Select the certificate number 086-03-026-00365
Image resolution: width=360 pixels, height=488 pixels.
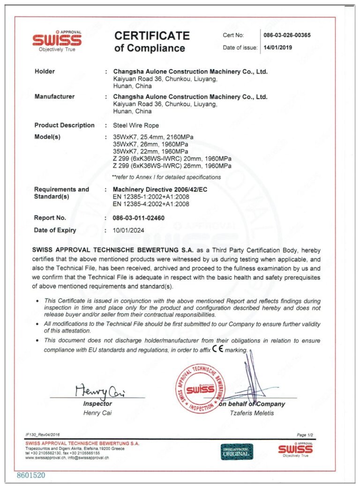coord(287,35)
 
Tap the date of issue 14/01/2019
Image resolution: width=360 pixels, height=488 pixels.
coord(278,47)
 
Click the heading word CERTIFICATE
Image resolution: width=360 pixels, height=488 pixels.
coord(152,36)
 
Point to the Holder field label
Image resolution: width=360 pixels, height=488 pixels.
coord(45,71)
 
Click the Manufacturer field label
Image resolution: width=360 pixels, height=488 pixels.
coord(54,97)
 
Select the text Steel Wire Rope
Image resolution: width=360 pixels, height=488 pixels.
coord(136,125)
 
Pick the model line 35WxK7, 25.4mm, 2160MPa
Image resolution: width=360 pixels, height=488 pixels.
coord(153,137)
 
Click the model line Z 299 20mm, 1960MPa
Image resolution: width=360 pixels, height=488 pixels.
coord(172,159)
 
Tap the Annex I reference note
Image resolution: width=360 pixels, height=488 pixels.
coord(166,177)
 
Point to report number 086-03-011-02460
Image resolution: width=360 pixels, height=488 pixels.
coord(139,218)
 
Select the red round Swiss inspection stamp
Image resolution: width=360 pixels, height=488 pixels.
coord(200,388)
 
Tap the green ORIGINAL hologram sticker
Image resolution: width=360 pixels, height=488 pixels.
coord(237,451)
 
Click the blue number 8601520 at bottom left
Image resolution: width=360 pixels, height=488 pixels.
coord(31,475)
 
